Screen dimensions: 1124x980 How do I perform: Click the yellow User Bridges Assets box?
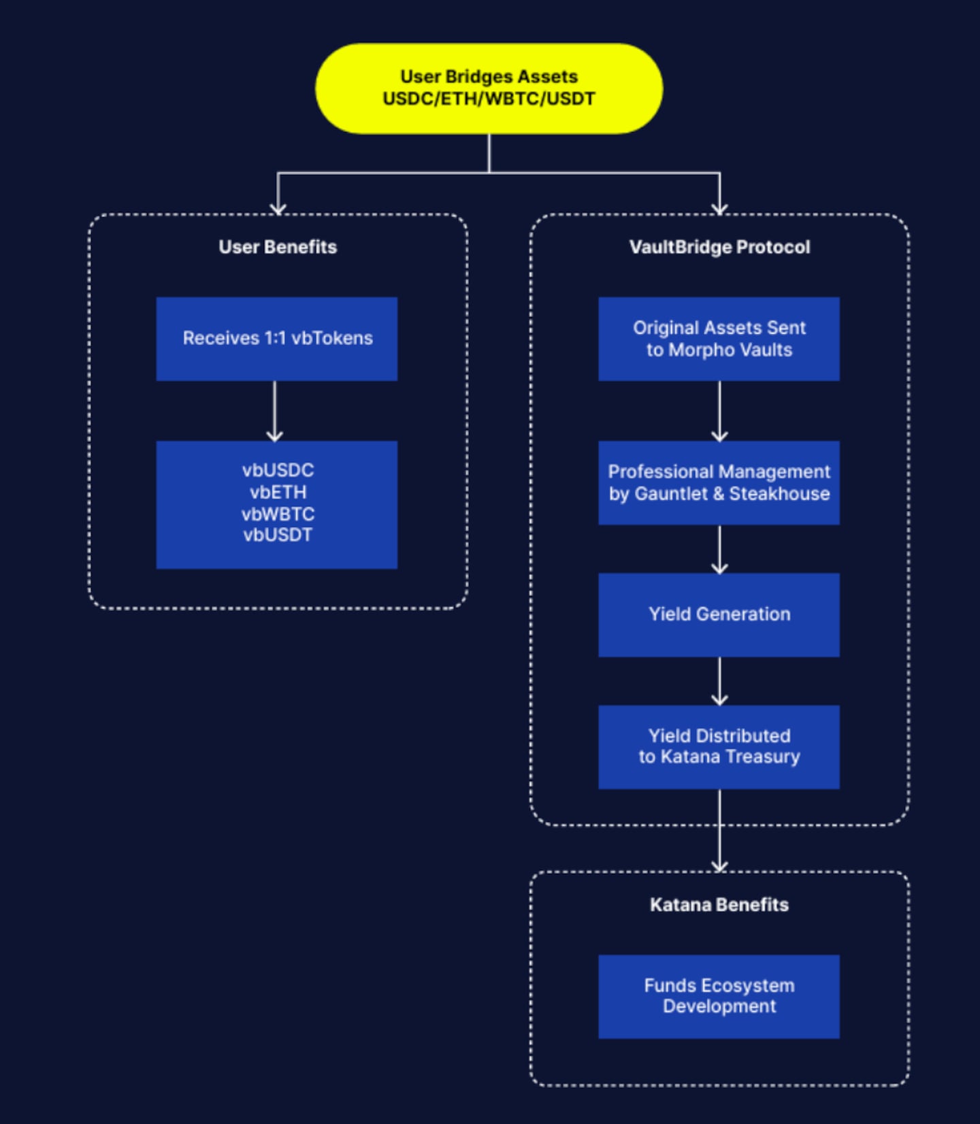pos(489,88)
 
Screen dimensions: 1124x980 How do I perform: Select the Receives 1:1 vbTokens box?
pos(276,338)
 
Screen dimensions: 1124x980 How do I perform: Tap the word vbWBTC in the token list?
pos(278,514)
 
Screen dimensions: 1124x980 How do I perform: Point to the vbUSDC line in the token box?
pos(278,470)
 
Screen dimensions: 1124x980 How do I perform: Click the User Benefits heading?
pos(278,247)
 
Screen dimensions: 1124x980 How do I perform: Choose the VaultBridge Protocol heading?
pos(719,247)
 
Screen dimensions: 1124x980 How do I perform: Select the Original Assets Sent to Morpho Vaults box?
pos(719,338)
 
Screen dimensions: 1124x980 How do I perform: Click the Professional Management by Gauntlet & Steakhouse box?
pos(719,482)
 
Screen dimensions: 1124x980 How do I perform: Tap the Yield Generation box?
pos(719,614)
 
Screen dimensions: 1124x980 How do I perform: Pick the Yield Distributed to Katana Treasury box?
pos(719,746)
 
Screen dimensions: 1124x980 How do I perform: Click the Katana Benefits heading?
pos(719,904)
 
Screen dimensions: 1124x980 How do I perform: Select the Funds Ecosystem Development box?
pos(719,996)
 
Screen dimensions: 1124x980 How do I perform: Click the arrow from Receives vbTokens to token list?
pos(274,411)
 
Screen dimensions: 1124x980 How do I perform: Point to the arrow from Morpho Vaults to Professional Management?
pos(719,411)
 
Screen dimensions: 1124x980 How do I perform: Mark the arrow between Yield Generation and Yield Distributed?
pos(719,681)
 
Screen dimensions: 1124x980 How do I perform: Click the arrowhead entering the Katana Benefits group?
pos(719,865)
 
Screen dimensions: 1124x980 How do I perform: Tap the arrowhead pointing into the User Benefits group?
pos(278,208)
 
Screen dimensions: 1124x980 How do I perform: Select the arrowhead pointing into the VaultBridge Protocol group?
pos(719,208)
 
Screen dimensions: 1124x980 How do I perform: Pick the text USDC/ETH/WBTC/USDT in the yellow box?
pos(489,99)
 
